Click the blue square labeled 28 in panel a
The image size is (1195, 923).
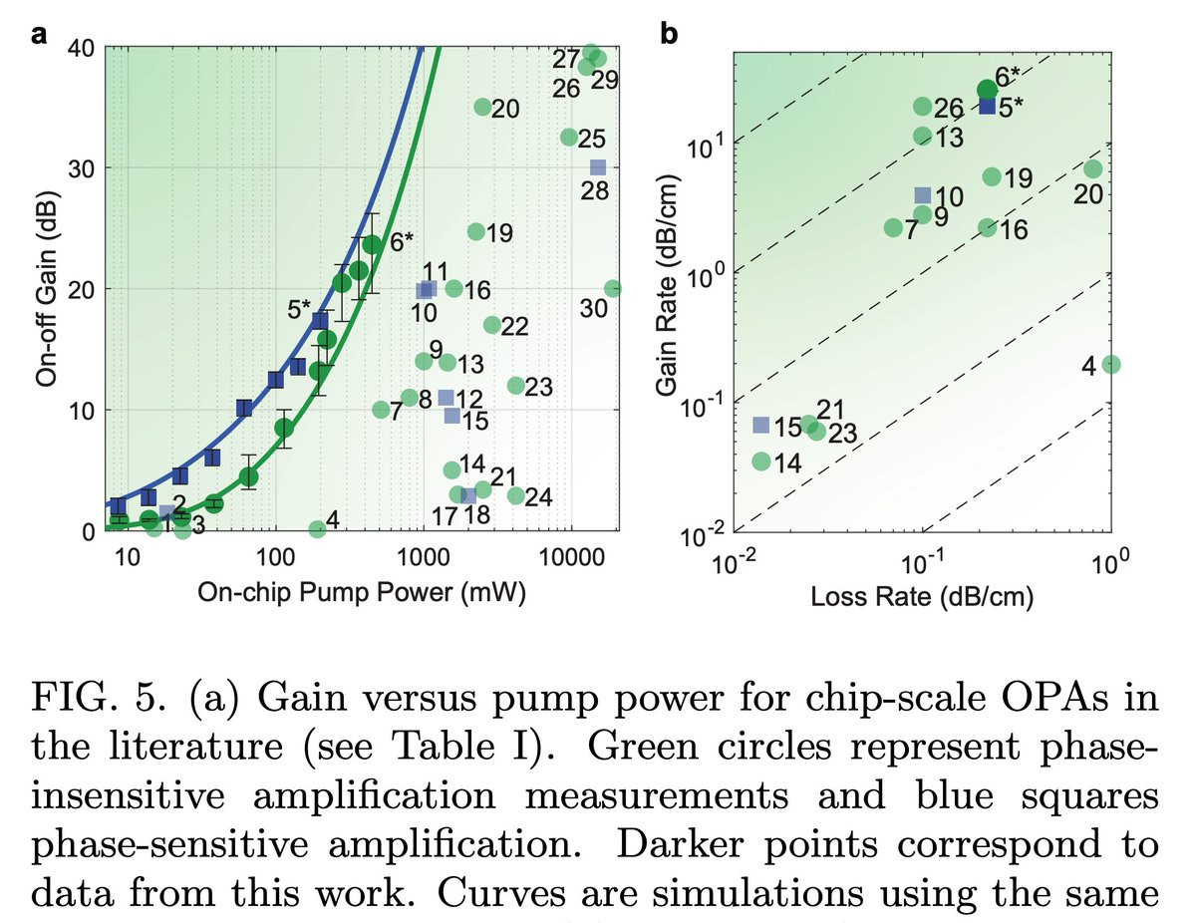coord(597,167)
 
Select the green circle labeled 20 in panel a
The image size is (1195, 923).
coord(483,107)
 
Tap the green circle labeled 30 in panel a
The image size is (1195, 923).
coord(612,288)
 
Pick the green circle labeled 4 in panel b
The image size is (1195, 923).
coord(1111,364)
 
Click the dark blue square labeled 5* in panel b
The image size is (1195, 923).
coord(987,106)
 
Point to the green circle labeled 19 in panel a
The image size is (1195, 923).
coord(475,231)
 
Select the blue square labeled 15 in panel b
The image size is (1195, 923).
coord(761,426)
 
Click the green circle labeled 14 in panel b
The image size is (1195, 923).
coord(761,461)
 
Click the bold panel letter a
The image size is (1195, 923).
coord(41,35)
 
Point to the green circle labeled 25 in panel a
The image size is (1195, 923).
coord(569,137)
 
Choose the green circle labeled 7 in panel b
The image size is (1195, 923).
coord(893,227)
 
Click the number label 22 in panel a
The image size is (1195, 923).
coord(514,326)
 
